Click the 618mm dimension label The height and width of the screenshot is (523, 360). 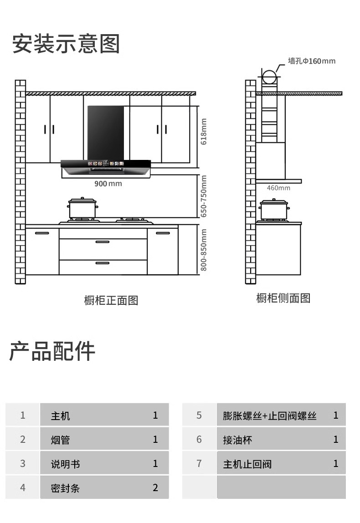point(204,132)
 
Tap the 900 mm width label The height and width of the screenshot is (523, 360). point(108,184)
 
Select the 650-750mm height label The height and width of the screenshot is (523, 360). point(204,196)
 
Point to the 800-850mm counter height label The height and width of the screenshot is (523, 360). point(204,250)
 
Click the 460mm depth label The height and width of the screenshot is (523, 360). point(278,188)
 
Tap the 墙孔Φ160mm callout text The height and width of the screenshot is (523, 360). point(311,61)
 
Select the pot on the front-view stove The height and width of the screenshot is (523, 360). point(82,208)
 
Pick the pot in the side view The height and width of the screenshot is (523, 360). point(274,209)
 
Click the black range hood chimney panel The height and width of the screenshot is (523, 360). point(106,132)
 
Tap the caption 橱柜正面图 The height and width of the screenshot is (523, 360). point(111,300)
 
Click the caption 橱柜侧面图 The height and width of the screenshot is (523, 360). point(283,298)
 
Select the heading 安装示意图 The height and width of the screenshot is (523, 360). point(66,44)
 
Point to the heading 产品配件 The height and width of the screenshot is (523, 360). point(52,351)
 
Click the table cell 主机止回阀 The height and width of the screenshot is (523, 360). point(247,464)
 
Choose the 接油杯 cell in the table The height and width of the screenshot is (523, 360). point(237,440)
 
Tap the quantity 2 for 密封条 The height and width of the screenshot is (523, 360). point(155,488)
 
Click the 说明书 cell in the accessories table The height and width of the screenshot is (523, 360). point(65,464)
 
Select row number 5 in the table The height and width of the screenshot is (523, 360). point(199,415)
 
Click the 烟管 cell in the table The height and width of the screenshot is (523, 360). point(60,440)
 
